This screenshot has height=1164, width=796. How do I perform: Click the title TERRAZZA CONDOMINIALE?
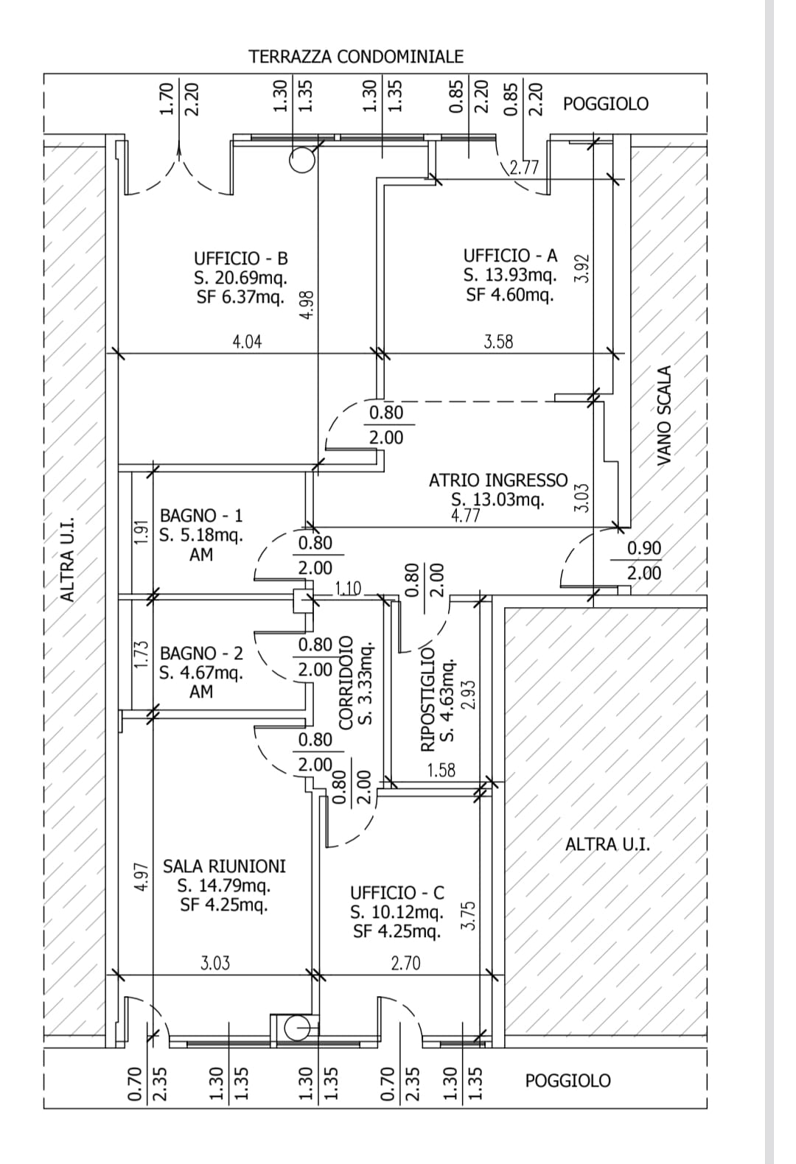coord(356,57)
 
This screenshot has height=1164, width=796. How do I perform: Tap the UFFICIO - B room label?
coord(241,259)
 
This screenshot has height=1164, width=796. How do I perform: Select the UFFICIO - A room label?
coord(510,256)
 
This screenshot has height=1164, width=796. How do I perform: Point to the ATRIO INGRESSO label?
coord(498,480)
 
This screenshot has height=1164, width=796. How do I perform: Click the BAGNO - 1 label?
coord(201,516)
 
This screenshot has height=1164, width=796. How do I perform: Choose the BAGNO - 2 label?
coord(201,653)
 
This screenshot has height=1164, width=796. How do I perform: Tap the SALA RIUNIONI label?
coord(224,866)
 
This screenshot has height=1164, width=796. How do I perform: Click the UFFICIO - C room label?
coord(397,893)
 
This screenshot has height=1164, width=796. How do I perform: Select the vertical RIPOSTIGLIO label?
coord(427,698)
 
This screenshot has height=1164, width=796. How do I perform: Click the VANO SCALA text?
coord(665,416)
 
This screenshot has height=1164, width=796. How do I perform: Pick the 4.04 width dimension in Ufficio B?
coord(247,342)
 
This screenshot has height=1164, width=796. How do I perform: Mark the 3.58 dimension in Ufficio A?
coord(498,342)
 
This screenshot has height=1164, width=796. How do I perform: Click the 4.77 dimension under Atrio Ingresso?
coord(465,516)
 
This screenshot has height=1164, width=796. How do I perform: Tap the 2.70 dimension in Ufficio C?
coord(405,963)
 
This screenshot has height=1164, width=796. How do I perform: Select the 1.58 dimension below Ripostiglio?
coord(441,771)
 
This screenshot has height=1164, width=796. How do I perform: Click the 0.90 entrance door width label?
coord(644,548)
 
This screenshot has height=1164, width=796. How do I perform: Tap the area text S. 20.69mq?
coord(241,278)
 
